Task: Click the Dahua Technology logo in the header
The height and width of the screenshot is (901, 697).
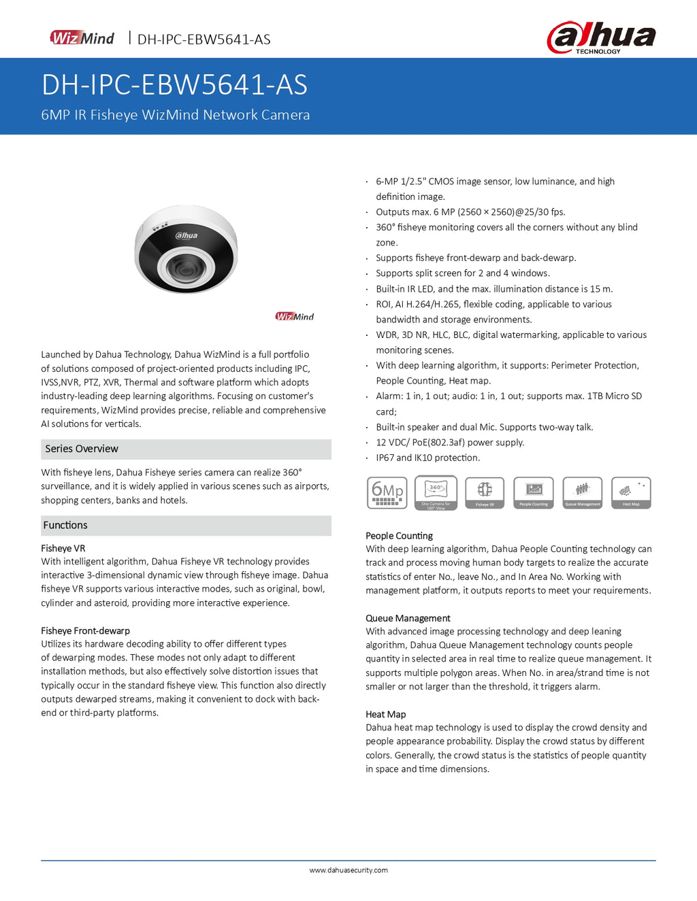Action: (x=601, y=37)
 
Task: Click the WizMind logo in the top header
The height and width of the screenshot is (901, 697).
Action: (x=82, y=38)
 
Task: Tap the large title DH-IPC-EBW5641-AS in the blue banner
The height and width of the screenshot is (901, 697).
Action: (x=174, y=85)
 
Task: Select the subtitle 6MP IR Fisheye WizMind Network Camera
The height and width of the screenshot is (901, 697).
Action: (x=175, y=115)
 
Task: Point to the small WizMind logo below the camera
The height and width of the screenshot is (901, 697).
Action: (x=294, y=316)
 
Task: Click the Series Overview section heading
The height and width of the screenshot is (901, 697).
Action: (x=82, y=449)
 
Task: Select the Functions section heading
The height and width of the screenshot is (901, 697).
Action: (x=65, y=525)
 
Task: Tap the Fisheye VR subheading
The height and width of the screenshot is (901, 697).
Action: (x=63, y=548)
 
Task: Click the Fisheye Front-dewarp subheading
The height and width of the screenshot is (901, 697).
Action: (x=85, y=630)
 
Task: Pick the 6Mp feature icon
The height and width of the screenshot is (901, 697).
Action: (x=387, y=493)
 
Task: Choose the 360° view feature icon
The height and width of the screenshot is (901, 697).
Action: (x=436, y=493)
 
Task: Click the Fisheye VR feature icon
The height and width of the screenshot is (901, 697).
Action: (x=485, y=493)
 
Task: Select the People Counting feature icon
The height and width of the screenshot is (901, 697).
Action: (x=534, y=493)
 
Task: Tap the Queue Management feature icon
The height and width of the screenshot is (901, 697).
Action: (x=583, y=493)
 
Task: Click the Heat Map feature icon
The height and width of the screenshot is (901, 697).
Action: (x=631, y=493)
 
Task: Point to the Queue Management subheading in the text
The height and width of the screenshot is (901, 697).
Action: (x=408, y=618)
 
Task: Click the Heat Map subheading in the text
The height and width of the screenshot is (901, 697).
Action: (x=385, y=714)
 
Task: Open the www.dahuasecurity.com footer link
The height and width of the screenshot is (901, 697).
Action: (x=348, y=870)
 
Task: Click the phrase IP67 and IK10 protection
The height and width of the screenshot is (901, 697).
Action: (x=427, y=458)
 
